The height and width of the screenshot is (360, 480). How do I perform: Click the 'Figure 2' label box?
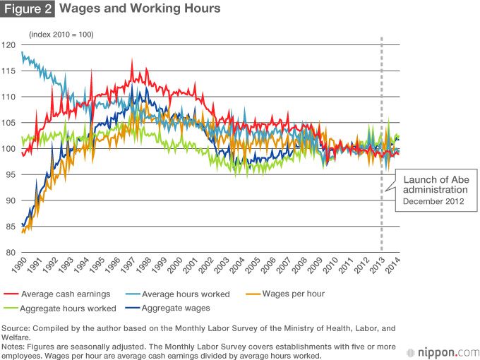28,9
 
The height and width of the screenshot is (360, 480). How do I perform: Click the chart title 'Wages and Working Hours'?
140,9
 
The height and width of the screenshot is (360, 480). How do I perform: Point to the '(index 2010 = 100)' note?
61,35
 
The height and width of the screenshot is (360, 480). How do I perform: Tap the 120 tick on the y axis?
9,44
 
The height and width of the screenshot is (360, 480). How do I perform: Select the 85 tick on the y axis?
9,227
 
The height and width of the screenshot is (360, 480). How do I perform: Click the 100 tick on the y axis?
9,148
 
